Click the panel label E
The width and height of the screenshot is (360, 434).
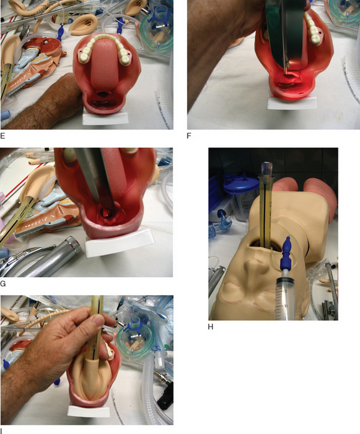pos(3,135)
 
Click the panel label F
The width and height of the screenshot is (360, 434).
pos(189,135)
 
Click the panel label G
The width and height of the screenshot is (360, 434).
pos(3,284)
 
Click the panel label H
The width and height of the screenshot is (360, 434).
pos(211,327)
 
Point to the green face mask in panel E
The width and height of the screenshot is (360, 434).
pos(156,32)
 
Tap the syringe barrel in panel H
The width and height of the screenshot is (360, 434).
pos(286,300)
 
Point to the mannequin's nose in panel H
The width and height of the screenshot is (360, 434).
pos(253,269)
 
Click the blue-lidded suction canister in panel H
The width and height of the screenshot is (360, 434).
pos(237,198)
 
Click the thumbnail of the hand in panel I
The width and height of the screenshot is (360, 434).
pos(97,321)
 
